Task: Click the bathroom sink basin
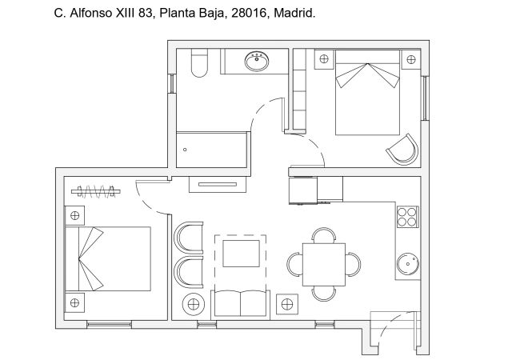coord(258,62)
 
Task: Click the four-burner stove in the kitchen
coord(407,217)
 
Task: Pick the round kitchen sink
coord(408,264)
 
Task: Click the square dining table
coord(323,263)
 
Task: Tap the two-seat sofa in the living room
coord(240,304)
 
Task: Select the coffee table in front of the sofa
coord(240,254)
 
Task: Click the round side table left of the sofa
coord(194,305)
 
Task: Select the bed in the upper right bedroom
coord(366,92)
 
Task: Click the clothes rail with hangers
coord(96,190)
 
